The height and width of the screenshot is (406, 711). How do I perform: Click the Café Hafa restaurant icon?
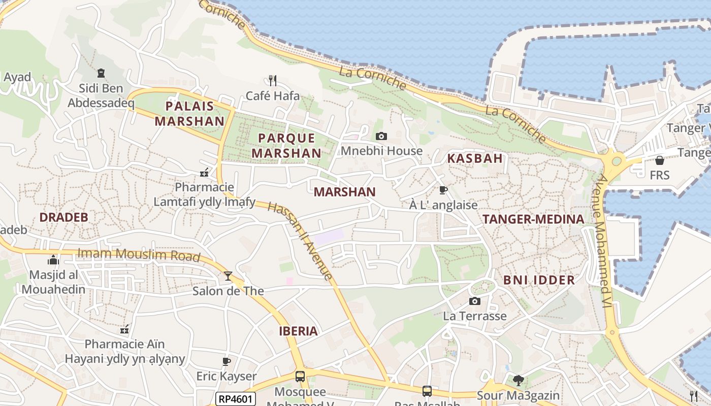click(x=273, y=80)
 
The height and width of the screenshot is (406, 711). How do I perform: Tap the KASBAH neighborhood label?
click(x=475, y=158)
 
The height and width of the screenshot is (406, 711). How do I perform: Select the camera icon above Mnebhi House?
click(x=381, y=136)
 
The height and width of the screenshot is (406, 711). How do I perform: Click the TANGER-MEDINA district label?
click(x=533, y=219)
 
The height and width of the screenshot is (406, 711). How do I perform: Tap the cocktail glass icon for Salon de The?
click(x=228, y=276)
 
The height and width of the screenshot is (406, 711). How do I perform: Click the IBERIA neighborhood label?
click(x=298, y=331)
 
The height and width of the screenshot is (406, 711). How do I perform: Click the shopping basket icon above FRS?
click(x=660, y=160)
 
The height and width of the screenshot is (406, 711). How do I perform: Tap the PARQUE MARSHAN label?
click(x=286, y=146)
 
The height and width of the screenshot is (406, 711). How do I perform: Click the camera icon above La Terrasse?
click(x=475, y=301)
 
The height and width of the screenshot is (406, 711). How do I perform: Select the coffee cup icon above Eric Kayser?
click(x=227, y=362)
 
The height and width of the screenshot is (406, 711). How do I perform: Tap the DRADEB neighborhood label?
click(x=64, y=217)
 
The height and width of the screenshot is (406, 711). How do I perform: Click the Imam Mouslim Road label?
click(x=139, y=254)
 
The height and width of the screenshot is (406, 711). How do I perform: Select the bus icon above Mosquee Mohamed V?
click(x=300, y=377)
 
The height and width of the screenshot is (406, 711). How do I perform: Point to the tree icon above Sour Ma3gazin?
click(x=518, y=380)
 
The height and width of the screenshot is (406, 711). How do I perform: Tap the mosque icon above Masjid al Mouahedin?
click(x=53, y=261)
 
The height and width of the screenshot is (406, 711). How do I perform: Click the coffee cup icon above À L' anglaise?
click(x=443, y=190)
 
